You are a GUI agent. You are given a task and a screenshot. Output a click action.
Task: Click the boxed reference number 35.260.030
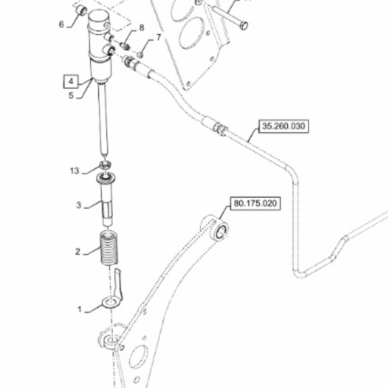click(x=284, y=126)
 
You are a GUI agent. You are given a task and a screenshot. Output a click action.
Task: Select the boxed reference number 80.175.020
click(x=255, y=204)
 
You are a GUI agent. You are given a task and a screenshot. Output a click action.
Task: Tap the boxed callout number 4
click(x=71, y=81)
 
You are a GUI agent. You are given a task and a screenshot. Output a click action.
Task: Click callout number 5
click(x=71, y=96)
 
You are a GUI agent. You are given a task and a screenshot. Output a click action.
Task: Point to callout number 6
click(x=61, y=25)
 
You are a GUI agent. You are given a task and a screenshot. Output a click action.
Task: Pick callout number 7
click(x=158, y=38)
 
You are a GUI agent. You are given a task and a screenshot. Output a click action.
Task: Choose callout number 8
click(x=142, y=27)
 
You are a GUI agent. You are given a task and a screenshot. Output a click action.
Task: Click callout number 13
click(x=74, y=171)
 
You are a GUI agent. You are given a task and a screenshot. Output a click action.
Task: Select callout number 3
click(x=79, y=205)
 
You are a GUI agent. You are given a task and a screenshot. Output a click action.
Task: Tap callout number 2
click(x=78, y=252)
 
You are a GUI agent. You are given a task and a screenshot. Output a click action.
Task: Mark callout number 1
click(x=80, y=309)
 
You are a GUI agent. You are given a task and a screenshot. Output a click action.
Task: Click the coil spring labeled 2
click(x=109, y=248)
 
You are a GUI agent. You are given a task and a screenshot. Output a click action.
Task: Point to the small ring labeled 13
click(x=105, y=164)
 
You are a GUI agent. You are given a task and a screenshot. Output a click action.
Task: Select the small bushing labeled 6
click(x=81, y=11)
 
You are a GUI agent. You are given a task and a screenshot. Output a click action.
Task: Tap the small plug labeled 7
click(x=140, y=55)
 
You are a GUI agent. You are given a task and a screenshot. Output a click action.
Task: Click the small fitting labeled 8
click(x=125, y=46)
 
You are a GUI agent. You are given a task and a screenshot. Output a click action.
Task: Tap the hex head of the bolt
click(x=244, y=25)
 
